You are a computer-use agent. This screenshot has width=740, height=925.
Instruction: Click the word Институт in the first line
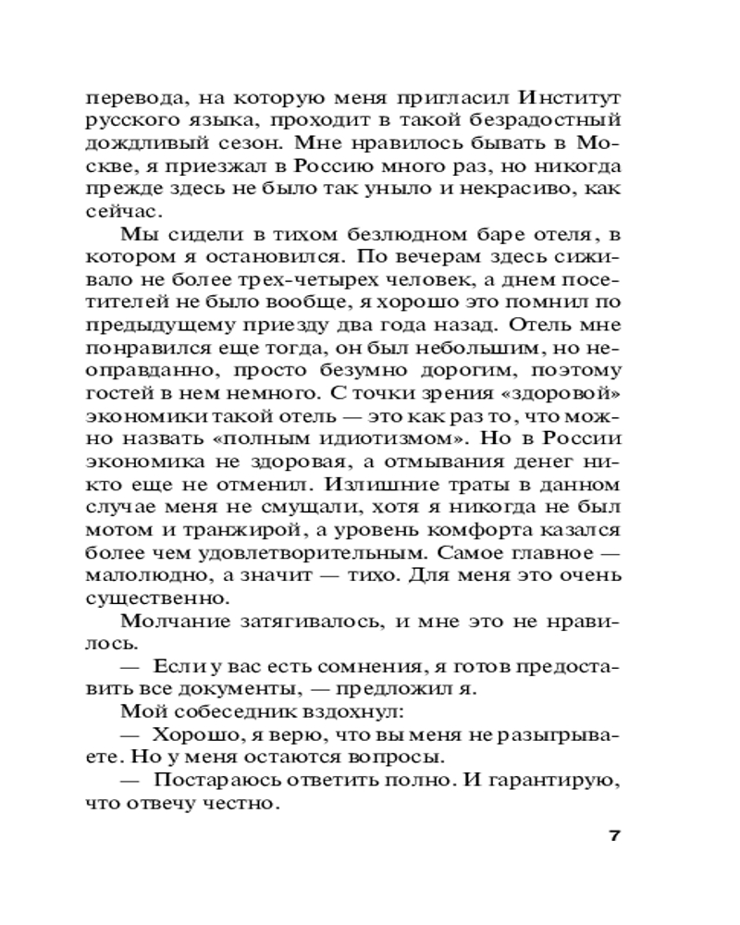(568, 96)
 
